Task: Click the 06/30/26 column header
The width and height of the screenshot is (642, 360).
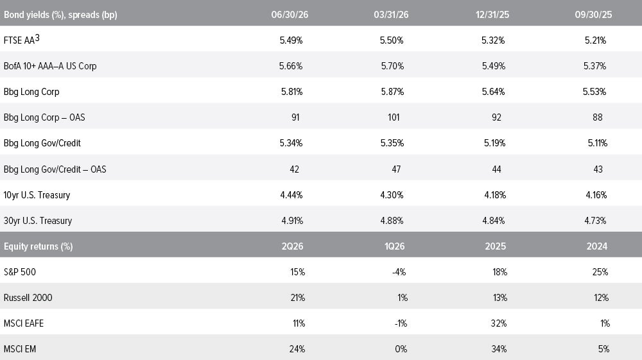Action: click(290, 15)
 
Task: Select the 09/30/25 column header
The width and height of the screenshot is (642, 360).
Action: click(593, 15)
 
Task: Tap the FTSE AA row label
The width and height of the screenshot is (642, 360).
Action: click(19, 40)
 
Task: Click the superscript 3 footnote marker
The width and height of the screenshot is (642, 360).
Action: click(37, 38)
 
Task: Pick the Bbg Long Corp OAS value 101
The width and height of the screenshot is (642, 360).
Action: click(394, 117)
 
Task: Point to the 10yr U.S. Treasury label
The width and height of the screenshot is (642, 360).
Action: click(37, 195)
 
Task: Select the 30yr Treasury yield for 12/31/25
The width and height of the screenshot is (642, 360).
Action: click(494, 221)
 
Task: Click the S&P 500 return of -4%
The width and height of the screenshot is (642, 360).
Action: click(399, 272)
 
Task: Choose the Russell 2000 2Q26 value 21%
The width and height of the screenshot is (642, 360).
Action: click(298, 298)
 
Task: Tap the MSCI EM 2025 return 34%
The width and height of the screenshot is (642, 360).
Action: click(499, 349)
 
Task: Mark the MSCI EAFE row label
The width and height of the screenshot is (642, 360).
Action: click(23, 323)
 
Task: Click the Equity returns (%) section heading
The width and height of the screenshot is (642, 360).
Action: click(38, 246)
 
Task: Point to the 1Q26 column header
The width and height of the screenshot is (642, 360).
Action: click(394, 246)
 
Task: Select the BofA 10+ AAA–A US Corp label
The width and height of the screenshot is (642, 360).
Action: click(50, 66)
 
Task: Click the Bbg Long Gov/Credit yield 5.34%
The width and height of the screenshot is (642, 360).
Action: click(291, 143)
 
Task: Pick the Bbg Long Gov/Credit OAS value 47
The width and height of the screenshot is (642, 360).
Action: click(396, 169)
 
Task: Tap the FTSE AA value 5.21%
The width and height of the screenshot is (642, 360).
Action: click(595, 40)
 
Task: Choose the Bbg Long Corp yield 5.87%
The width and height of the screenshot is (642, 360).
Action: click(392, 92)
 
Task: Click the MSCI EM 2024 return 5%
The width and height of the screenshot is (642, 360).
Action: click(603, 349)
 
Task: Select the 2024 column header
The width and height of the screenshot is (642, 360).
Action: click(597, 246)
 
